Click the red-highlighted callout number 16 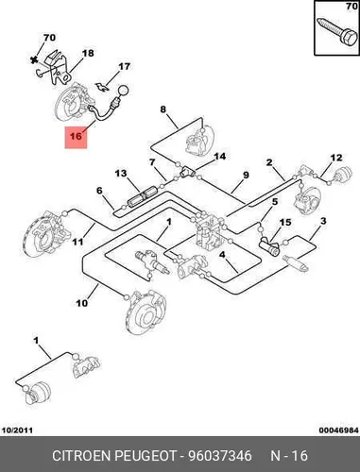point(76,136)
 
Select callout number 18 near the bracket point(88,53)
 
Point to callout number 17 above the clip point(124,67)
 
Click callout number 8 point(163,110)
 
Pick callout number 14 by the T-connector point(220,156)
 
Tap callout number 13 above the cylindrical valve point(121,174)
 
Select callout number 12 point(336,158)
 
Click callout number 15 point(285,223)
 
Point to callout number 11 point(77,242)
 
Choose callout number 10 point(81,303)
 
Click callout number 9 point(246,175)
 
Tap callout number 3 point(323,221)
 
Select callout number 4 point(222,255)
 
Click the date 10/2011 point(17,430)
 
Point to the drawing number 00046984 point(338,430)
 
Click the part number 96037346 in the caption point(220,456)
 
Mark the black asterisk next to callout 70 point(35,59)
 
